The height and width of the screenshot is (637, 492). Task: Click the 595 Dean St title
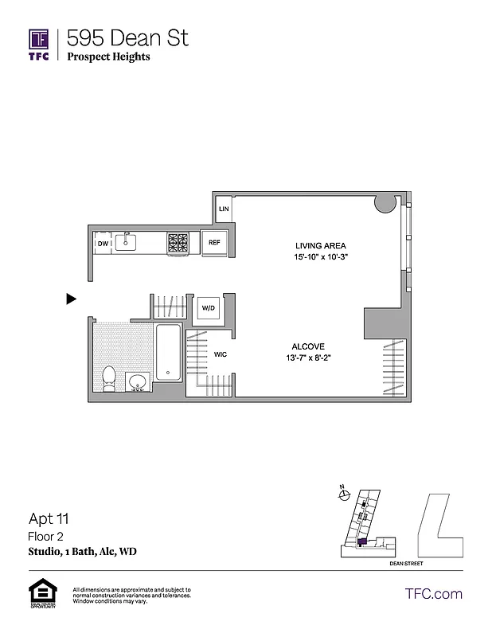pyautogui.click(x=127, y=37)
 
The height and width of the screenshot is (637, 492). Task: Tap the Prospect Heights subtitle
pyautogui.click(x=108, y=57)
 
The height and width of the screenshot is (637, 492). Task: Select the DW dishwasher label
pyautogui.click(x=103, y=244)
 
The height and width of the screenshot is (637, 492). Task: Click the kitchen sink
pyautogui.click(x=127, y=242)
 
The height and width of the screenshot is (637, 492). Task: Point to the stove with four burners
pyautogui.click(x=178, y=242)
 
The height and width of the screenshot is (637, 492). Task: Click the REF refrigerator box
pyautogui.click(x=214, y=243)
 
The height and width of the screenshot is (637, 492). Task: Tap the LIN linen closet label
pyautogui.click(x=224, y=209)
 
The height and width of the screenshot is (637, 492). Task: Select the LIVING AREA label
pyautogui.click(x=320, y=245)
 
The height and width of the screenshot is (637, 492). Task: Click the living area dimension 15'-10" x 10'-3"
pyautogui.click(x=320, y=257)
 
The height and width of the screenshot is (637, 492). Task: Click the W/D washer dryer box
pyautogui.click(x=208, y=307)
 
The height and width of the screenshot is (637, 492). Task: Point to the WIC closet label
pyautogui.click(x=221, y=354)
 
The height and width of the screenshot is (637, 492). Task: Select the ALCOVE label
pyautogui.click(x=307, y=346)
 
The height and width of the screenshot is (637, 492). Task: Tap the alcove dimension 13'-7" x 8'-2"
pyautogui.click(x=307, y=358)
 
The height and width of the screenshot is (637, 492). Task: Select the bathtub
pyautogui.click(x=169, y=352)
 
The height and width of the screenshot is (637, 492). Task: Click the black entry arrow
pyautogui.click(x=71, y=299)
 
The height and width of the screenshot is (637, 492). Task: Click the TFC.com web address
pyautogui.click(x=433, y=593)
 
